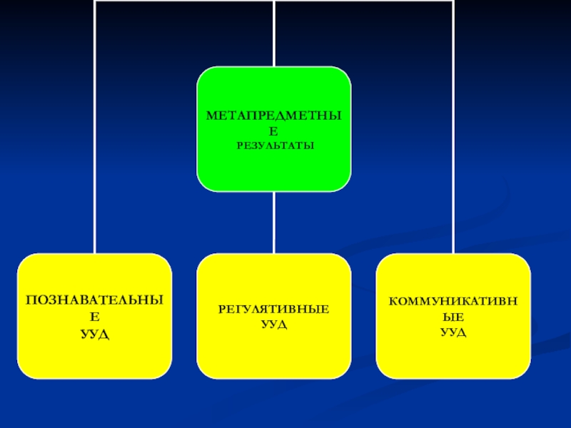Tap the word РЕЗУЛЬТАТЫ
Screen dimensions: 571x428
[274, 145]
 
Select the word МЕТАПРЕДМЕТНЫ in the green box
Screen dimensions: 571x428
[274, 115]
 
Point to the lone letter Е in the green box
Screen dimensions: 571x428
[274, 131]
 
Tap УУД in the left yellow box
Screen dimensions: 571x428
[95, 334]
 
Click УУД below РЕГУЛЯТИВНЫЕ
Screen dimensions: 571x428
[274, 325]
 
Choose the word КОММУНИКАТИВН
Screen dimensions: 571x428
[453, 302]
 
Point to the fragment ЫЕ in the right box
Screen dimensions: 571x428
[453, 318]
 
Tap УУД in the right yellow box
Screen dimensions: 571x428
[453, 333]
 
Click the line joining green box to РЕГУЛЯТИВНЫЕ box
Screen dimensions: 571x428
[274, 223]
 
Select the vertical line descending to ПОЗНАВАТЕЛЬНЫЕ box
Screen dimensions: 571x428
[95, 143]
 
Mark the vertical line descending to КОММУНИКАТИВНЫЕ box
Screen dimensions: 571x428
[453, 143]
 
